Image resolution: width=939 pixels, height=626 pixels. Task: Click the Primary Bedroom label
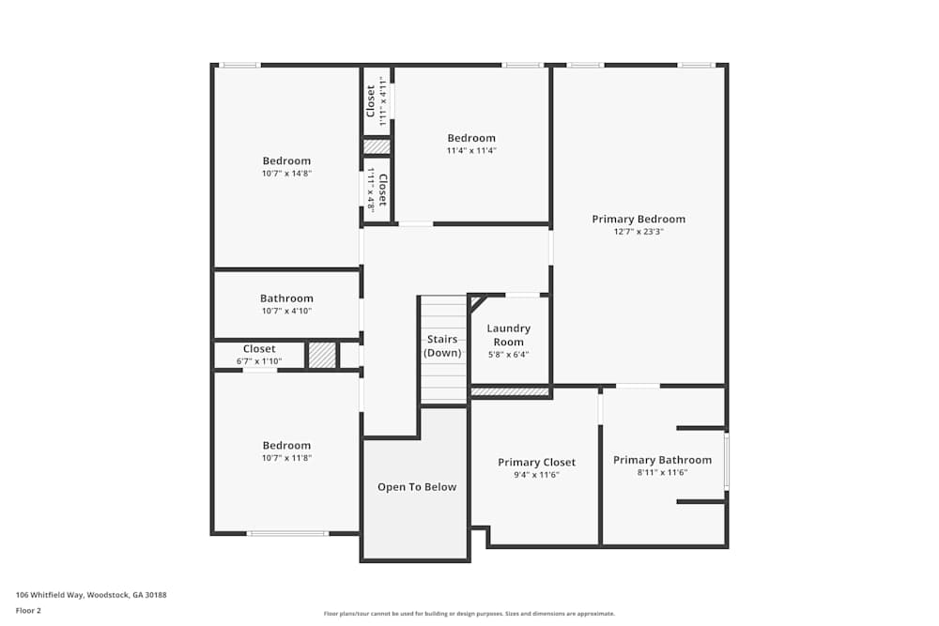click(x=639, y=219)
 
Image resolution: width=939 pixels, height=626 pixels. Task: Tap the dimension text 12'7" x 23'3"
click(x=639, y=232)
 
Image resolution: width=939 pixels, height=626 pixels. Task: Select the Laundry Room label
click(x=508, y=335)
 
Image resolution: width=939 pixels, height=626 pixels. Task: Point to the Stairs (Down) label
click(x=442, y=346)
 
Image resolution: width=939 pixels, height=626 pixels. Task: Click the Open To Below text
click(x=417, y=487)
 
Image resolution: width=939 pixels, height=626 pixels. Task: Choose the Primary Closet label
click(x=536, y=463)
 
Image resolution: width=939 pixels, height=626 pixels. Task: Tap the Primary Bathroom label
click(x=662, y=460)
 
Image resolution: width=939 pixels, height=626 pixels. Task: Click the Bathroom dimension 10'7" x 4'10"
click(x=286, y=312)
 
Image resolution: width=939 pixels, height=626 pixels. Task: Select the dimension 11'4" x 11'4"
click(x=471, y=151)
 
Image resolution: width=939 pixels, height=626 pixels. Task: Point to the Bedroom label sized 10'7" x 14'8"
click(x=286, y=161)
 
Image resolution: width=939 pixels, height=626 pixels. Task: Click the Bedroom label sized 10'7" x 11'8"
click(x=286, y=446)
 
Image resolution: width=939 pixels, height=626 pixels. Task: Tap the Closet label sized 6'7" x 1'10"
click(x=259, y=349)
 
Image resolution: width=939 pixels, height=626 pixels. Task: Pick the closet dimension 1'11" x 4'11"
click(x=383, y=100)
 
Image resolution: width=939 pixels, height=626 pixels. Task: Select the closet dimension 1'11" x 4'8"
click(x=371, y=190)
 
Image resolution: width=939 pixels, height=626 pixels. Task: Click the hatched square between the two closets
click(x=377, y=146)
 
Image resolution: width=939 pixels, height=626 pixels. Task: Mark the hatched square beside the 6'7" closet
click(x=322, y=356)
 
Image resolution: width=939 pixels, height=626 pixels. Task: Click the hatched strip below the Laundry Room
click(x=510, y=392)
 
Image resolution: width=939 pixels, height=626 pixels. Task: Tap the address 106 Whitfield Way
click(x=50, y=595)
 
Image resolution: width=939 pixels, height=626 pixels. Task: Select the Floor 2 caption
click(x=28, y=610)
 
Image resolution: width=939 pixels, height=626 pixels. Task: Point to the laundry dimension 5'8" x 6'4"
click(x=508, y=354)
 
